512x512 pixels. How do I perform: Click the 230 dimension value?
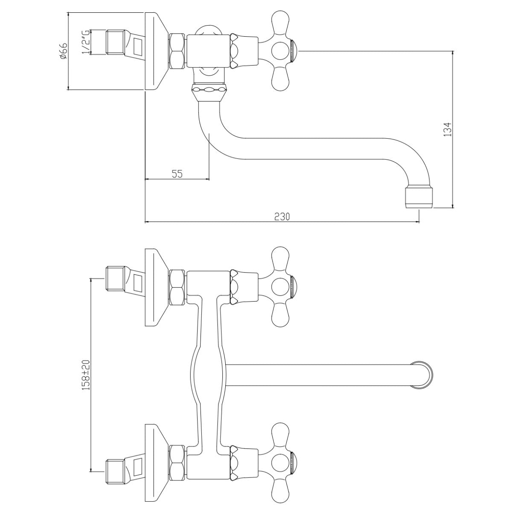(282, 217)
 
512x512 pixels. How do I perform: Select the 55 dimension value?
(177, 174)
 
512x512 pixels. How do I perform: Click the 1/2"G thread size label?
(86, 42)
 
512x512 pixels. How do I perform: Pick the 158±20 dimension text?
(86, 375)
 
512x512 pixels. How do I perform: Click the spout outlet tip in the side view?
(419, 198)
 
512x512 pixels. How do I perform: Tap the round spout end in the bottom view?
(422, 375)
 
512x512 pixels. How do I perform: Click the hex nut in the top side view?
(177, 51)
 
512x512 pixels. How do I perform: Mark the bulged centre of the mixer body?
(208, 375)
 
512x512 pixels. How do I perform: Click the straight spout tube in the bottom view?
(319, 375)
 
